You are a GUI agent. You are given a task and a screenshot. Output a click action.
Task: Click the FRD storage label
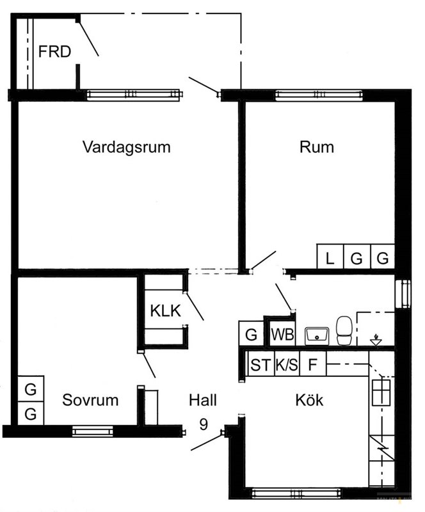(54, 52)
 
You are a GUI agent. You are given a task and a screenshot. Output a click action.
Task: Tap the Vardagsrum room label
(127, 147)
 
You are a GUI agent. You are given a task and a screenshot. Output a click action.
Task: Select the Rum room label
(317, 147)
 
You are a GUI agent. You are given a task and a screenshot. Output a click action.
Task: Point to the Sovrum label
(90, 400)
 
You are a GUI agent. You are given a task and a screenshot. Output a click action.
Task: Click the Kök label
(309, 399)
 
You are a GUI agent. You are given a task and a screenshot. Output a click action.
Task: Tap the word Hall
(203, 400)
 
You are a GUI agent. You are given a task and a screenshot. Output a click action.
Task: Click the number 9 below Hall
(203, 424)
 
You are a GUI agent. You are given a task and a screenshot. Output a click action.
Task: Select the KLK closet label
(165, 311)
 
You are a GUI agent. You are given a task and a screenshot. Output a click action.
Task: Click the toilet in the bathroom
(344, 330)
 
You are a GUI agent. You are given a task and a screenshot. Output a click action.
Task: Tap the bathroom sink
(317, 337)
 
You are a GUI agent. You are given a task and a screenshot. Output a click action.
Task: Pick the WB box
(282, 334)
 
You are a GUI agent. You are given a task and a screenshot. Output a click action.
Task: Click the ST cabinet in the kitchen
(261, 364)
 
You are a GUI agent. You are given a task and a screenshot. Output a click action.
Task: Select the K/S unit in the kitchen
(287, 364)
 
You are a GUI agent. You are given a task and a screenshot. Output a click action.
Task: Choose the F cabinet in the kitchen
(313, 364)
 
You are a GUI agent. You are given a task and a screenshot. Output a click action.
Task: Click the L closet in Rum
(330, 257)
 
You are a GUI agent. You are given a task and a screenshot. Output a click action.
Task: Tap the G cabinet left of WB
(251, 333)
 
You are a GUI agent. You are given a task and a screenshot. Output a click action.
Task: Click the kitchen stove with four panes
(381, 392)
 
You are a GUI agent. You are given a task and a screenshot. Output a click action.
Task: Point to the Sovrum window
(92, 431)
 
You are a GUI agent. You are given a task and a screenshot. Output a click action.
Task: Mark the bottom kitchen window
(296, 493)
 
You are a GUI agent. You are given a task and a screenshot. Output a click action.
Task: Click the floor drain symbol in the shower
(376, 340)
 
